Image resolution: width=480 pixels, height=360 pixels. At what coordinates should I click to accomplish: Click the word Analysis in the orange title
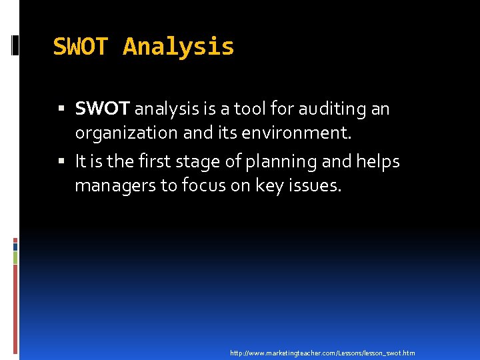click(x=179, y=47)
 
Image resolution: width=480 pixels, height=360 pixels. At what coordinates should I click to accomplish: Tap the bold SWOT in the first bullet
click(x=103, y=108)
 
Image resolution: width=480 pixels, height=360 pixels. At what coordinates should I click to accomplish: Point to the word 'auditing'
click(x=327, y=108)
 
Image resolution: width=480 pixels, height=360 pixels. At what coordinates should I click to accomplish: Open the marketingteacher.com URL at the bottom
click(x=322, y=352)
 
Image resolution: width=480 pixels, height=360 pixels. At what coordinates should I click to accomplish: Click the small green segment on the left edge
click(x=15, y=257)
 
